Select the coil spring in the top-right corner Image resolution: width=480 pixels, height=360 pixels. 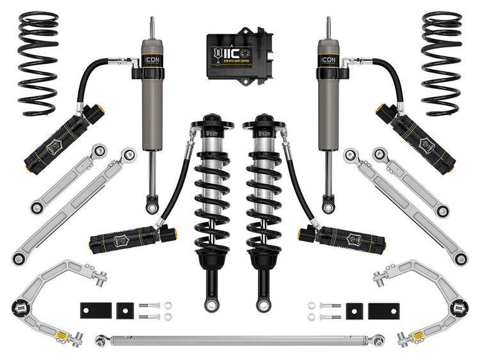point(442,64)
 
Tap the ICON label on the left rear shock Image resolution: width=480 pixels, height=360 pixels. point(153,61)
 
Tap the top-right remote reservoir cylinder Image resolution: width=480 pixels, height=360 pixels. point(424,136)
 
